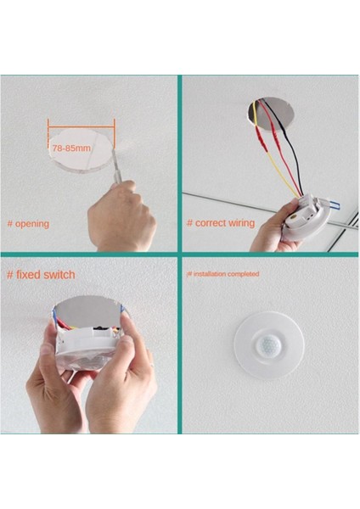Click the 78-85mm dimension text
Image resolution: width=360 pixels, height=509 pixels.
[x=71, y=148]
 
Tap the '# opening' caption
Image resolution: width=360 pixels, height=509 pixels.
[x=28, y=224]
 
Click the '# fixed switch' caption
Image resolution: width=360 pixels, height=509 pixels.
[x=41, y=275]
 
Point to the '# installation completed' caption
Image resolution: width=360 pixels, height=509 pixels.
[x=222, y=274]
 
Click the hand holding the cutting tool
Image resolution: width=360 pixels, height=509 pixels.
[x=121, y=218]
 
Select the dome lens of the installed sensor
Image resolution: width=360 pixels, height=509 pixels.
[x=269, y=345]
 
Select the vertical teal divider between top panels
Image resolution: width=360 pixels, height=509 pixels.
[x=180, y=161]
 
